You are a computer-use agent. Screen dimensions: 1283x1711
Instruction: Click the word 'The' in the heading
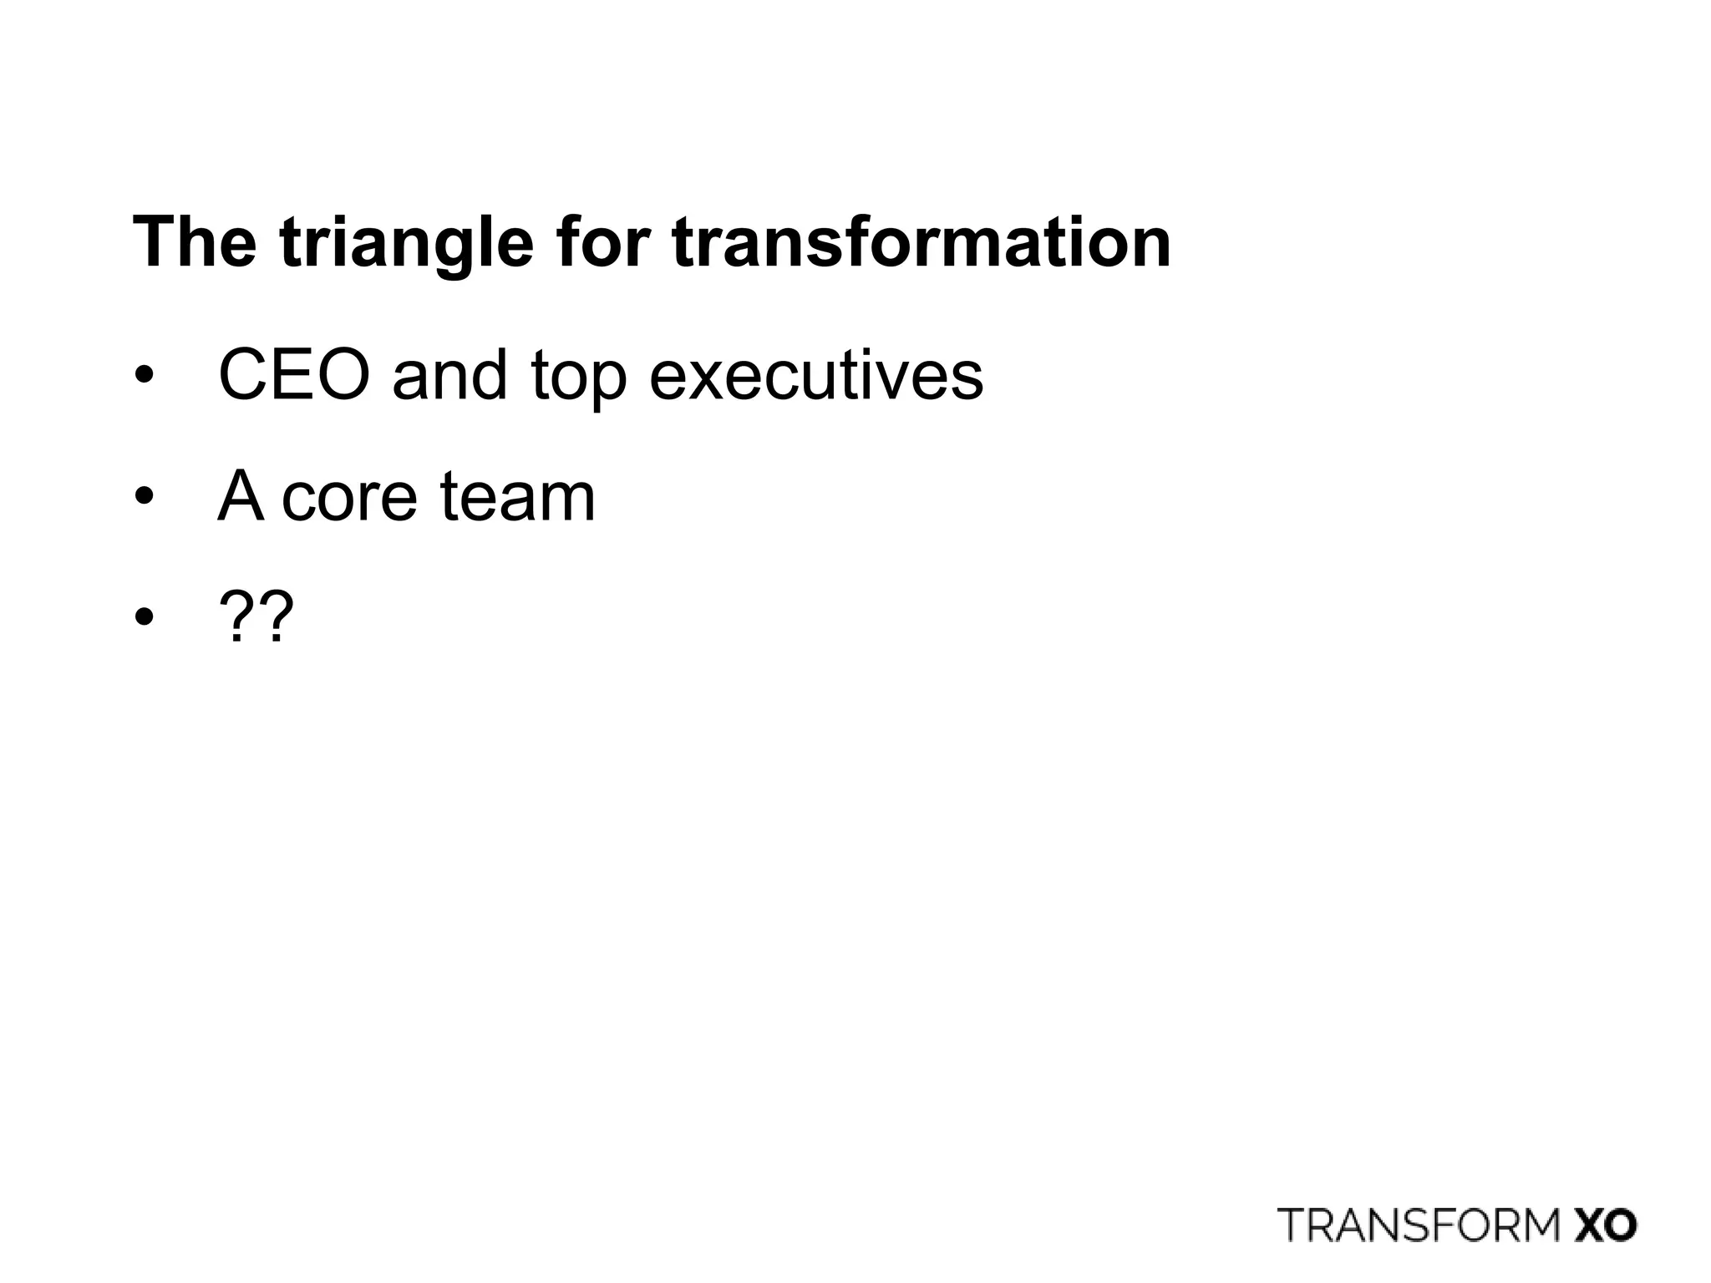click(194, 242)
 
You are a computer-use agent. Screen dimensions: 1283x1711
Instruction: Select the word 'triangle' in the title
click(406, 244)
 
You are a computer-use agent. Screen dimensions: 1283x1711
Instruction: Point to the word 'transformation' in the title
click(921, 242)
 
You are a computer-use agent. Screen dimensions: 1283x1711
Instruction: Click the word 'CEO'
click(294, 375)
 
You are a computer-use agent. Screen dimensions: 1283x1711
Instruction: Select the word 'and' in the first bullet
click(449, 375)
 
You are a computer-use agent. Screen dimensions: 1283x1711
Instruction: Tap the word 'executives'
click(816, 375)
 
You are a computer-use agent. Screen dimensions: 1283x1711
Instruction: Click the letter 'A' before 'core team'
click(240, 496)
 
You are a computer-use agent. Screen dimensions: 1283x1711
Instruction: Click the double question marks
click(256, 617)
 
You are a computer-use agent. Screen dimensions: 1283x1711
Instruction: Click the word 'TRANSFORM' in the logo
click(1419, 1225)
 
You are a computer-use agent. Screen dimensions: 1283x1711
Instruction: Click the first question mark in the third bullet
click(236, 617)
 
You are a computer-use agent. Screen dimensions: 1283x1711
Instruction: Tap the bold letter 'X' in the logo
click(1588, 1225)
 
